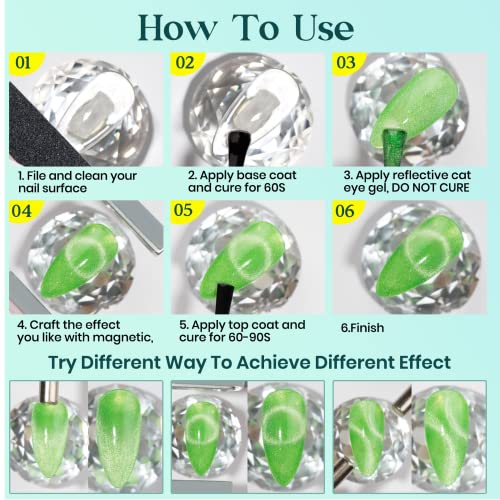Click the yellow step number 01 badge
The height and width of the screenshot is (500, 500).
point(25,63)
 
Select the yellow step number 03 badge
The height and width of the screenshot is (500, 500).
point(348,63)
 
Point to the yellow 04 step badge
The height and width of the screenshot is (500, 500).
point(24,212)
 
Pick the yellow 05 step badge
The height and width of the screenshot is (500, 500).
point(186,211)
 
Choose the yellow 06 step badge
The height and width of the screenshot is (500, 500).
point(347,212)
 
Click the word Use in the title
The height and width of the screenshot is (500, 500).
point(324,28)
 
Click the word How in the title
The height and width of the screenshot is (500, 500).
point(178,28)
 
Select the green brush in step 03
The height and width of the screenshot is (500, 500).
point(395,147)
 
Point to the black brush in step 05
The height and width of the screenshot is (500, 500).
point(224,299)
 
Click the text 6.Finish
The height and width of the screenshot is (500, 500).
point(362,328)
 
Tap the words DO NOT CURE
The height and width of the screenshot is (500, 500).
point(430,188)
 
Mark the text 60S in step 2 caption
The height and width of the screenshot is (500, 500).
point(274,188)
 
